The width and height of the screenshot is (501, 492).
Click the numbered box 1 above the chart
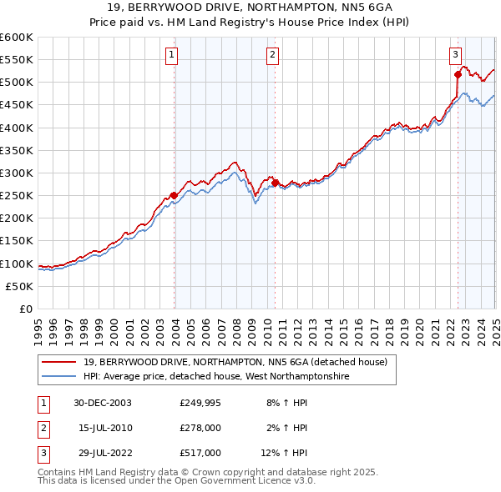(x=171, y=56)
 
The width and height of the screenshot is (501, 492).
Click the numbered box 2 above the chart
(x=273, y=56)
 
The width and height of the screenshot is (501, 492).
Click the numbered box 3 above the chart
(x=456, y=56)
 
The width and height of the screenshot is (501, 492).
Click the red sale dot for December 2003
(x=174, y=196)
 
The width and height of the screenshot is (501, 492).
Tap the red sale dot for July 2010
(x=274, y=183)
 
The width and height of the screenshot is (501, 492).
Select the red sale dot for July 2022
(x=458, y=74)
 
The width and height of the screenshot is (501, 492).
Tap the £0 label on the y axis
(x=25, y=309)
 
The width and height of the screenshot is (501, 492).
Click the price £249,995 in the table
(x=200, y=403)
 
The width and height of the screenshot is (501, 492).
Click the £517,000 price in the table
(x=200, y=453)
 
